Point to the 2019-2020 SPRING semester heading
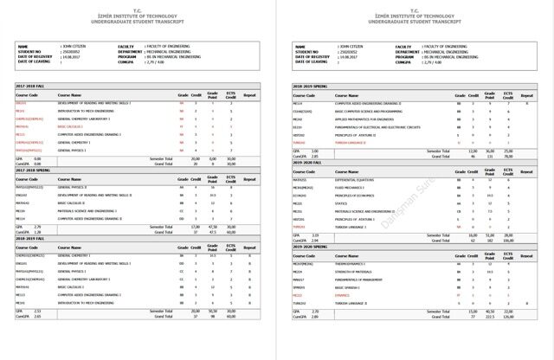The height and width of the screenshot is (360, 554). [x=308, y=247]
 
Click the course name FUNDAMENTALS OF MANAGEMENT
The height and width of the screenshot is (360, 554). [x=358, y=280]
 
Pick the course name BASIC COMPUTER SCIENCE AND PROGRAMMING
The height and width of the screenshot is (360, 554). [x=370, y=111]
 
